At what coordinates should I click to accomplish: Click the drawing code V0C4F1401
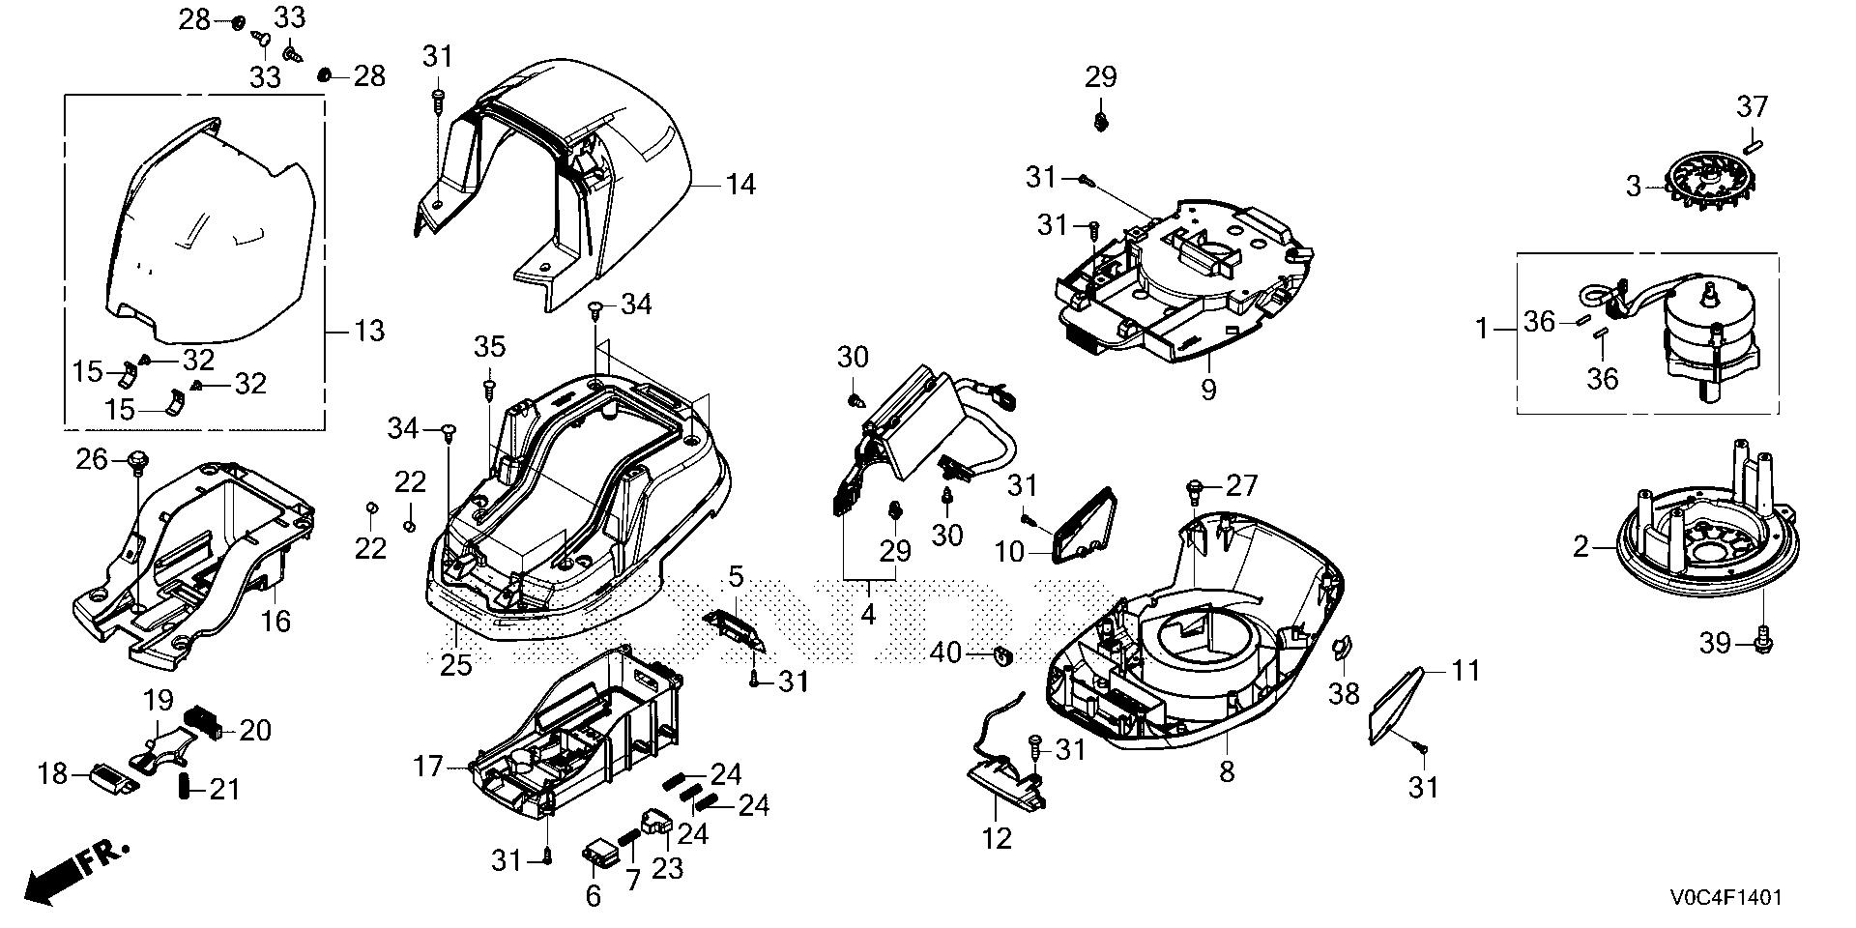[x=1724, y=898]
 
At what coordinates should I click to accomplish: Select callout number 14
[x=740, y=184]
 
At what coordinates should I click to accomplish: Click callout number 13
[x=367, y=332]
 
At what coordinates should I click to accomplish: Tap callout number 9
[x=1208, y=390]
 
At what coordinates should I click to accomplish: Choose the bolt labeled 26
[x=137, y=461]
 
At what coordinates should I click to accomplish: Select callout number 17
[x=429, y=768]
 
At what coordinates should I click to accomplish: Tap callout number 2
[x=1580, y=548]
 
